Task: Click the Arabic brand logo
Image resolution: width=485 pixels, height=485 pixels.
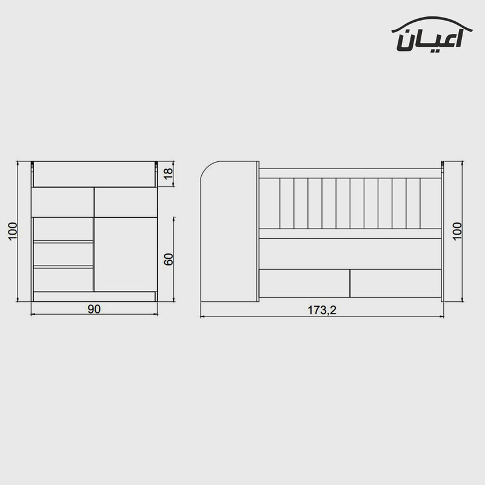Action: tap(432, 34)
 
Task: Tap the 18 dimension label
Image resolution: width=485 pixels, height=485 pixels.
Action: tap(168, 174)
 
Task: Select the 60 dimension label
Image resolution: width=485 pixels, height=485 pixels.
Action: tap(169, 259)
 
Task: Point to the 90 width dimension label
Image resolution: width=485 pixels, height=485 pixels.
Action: tap(94, 309)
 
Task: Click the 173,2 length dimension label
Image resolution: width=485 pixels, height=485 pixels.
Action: tap(322, 310)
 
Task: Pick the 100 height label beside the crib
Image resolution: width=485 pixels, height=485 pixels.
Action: tap(457, 231)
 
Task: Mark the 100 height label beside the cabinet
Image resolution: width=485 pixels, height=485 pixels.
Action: tap(13, 231)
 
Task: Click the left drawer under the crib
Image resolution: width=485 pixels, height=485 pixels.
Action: tap(304, 283)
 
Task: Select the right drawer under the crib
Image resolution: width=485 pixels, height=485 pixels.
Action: tap(396, 283)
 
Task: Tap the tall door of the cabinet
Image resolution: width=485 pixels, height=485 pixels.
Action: tap(125, 254)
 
